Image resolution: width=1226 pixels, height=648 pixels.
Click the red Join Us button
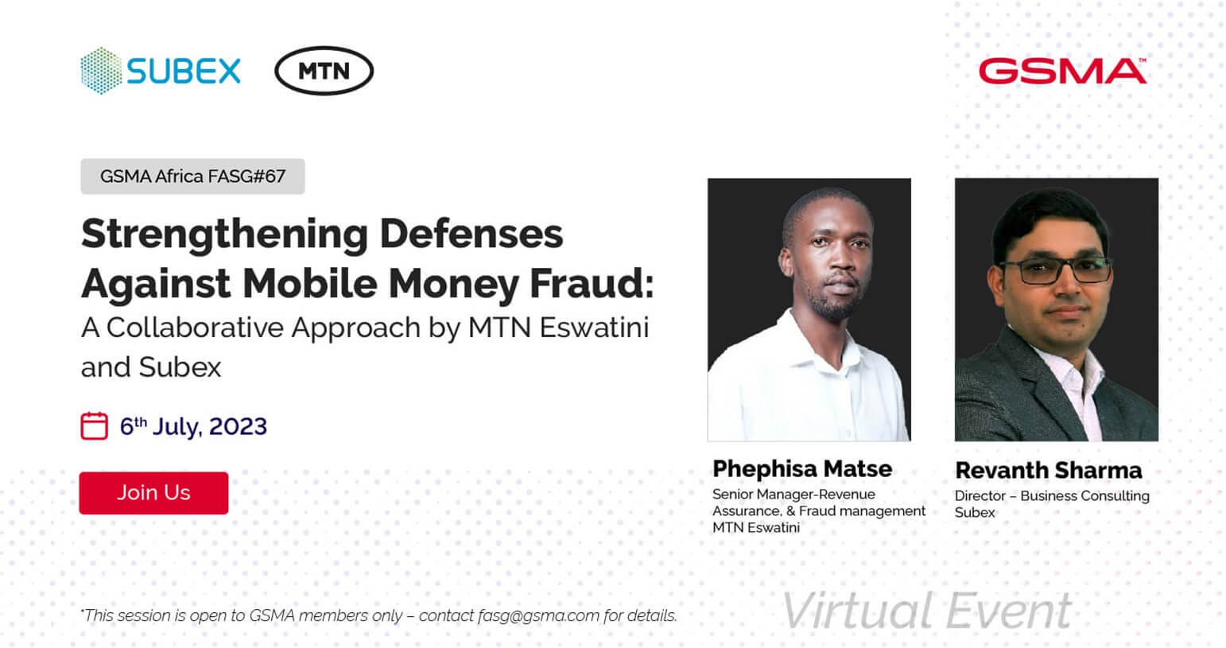tap(153, 493)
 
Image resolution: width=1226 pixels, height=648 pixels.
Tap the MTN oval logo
tap(324, 71)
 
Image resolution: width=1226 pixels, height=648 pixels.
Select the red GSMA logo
tap(1062, 71)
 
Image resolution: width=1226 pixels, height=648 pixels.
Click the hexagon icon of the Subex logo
tap(101, 71)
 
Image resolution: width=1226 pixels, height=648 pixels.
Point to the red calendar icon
tap(94, 426)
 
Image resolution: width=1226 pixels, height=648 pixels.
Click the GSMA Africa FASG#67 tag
tap(192, 177)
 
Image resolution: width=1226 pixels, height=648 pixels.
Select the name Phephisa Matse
tap(802, 468)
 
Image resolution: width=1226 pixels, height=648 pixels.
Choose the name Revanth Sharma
tap(1049, 470)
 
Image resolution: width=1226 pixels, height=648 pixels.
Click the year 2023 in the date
tap(238, 426)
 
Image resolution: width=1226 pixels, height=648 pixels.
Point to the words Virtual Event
tap(927, 611)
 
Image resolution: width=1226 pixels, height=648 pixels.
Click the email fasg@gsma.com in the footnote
tap(538, 615)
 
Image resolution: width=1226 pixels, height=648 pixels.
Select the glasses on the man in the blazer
tap(1057, 270)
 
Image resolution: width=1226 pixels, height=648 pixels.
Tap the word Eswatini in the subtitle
tap(595, 328)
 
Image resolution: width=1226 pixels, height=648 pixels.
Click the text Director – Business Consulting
tap(1052, 496)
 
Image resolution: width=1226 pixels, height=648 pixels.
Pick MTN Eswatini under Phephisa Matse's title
tap(756, 528)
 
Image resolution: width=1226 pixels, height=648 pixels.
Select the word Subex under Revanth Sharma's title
tap(975, 513)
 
